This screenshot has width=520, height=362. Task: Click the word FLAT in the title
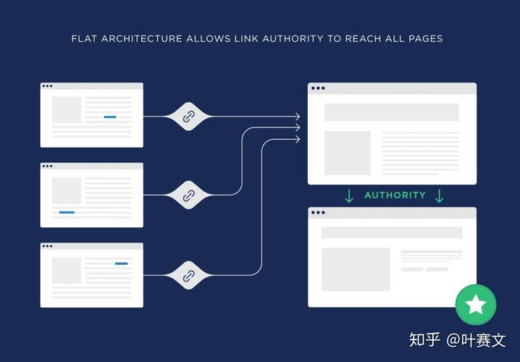coord(84,39)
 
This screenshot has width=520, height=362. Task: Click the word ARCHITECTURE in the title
coord(142,39)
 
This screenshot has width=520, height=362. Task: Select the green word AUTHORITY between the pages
coord(395,195)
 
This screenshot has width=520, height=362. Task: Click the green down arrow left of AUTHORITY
coord(349,196)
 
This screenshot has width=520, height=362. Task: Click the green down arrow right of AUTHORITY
coord(439,196)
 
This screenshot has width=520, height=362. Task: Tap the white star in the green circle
coord(476,304)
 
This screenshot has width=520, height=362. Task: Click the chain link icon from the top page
coord(189,117)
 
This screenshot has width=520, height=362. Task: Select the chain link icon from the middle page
coord(189,195)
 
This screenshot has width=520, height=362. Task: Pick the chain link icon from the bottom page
coord(189,275)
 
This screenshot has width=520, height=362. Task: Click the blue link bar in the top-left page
coord(110,117)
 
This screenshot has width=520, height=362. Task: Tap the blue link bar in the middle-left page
coord(67,212)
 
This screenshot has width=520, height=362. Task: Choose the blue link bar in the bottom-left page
coord(122,264)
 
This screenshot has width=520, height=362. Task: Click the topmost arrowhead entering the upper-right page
coord(298,117)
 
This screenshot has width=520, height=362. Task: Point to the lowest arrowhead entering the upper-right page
coord(298,139)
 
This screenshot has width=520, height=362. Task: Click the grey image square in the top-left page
coord(67,110)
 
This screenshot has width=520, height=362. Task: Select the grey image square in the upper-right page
coord(348,153)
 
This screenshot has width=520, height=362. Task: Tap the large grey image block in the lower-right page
coord(356,269)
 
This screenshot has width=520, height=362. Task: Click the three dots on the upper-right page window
coord(318,88)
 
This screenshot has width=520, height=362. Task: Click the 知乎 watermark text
coord(424,340)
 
